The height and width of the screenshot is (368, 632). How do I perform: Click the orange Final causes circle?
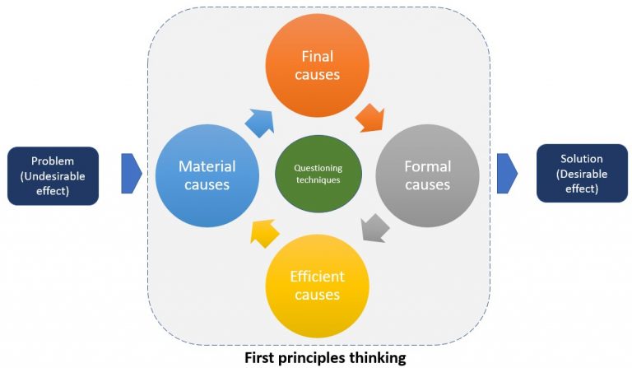point(317,66)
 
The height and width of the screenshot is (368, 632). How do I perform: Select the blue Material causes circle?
point(207,175)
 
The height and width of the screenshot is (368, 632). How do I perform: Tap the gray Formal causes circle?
point(427,175)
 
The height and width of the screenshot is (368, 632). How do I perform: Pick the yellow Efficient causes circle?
point(317,285)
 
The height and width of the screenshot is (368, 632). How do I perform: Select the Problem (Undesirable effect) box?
point(53,175)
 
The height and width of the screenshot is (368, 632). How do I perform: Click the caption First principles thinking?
point(317,358)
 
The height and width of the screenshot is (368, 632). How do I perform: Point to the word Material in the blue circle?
point(207,166)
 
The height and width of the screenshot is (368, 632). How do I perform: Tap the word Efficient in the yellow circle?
point(317,276)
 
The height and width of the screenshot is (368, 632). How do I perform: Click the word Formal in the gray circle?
point(427,166)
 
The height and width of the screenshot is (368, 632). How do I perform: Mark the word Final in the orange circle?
point(317,56)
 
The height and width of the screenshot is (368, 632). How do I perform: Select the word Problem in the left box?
point(53,161)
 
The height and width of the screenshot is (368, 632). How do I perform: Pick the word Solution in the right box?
point(582,158)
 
